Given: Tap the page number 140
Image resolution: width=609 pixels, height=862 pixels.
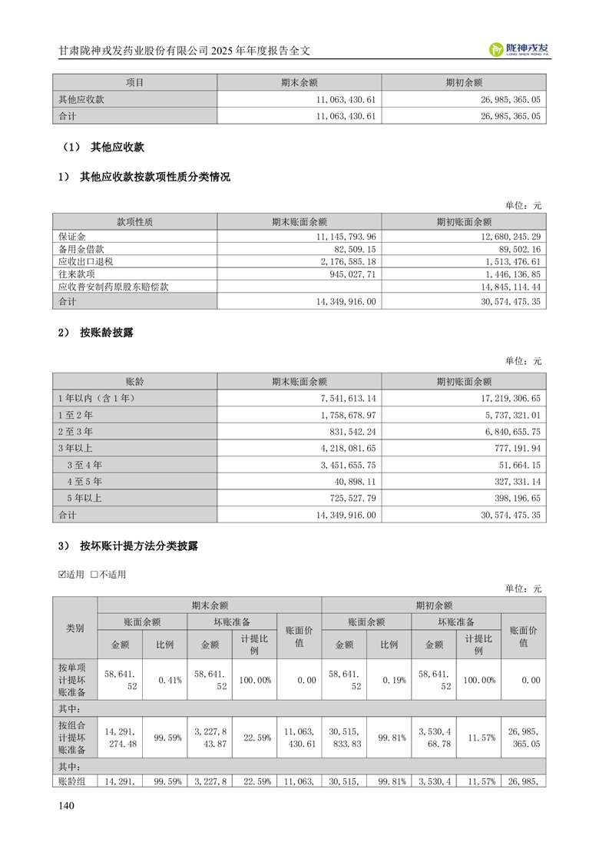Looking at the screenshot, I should pos(66,805).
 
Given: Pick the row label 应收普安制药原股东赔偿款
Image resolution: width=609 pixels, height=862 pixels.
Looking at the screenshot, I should pos(114,286).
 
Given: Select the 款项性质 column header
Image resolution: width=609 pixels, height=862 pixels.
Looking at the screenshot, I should pos(134,222).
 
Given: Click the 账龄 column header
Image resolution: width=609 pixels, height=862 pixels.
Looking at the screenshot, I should pos(134,381).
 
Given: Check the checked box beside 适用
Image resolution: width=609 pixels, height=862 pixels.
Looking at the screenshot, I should pos(63,574).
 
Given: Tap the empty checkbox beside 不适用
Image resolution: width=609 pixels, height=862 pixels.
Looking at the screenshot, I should pos(95,574).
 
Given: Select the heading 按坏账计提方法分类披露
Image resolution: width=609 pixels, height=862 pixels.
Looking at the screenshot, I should pos(138,546).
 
